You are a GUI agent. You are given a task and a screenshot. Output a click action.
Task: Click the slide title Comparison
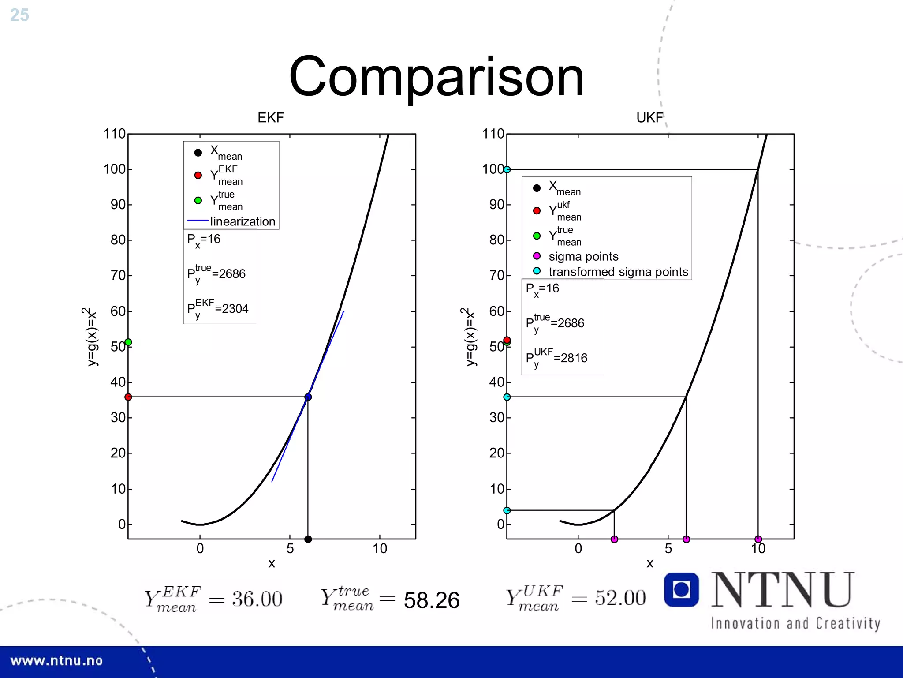(436, 77)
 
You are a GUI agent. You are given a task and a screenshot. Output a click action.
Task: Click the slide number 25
(19, 15)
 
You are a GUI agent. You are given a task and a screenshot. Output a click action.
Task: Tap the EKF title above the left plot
(271, 118)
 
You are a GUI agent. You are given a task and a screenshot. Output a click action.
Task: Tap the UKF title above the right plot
(649, 118)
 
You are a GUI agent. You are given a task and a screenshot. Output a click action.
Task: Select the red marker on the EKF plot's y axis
(128, 397)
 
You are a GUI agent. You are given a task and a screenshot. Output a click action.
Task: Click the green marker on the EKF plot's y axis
(128, 342)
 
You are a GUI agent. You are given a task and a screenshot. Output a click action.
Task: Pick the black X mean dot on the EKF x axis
(308, 539)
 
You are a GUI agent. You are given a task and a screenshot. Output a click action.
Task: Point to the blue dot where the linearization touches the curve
(308, 397)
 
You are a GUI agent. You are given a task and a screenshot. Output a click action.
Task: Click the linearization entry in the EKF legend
(242, 221)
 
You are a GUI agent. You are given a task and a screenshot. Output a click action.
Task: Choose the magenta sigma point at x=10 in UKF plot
(758, 539)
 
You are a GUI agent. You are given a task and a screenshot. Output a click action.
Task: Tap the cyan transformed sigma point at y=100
(507, 169)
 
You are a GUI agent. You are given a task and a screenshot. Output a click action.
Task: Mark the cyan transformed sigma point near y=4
(507, 510)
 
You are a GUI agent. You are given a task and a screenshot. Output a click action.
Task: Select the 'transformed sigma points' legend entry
(618, 272)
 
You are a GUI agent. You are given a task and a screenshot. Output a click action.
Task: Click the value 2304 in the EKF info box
(235, 309)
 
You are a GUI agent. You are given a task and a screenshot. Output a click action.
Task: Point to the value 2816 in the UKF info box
(574, 358)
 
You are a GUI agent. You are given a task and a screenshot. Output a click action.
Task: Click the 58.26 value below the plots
(431, 600)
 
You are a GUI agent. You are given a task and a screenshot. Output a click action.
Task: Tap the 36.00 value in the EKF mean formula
(257, 599)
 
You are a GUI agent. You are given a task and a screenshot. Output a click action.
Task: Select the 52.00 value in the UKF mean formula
(620, 598)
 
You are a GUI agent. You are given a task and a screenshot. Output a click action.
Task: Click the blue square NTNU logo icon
(681, 590)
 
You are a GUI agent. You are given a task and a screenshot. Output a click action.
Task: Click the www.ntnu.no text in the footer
(56, 661)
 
